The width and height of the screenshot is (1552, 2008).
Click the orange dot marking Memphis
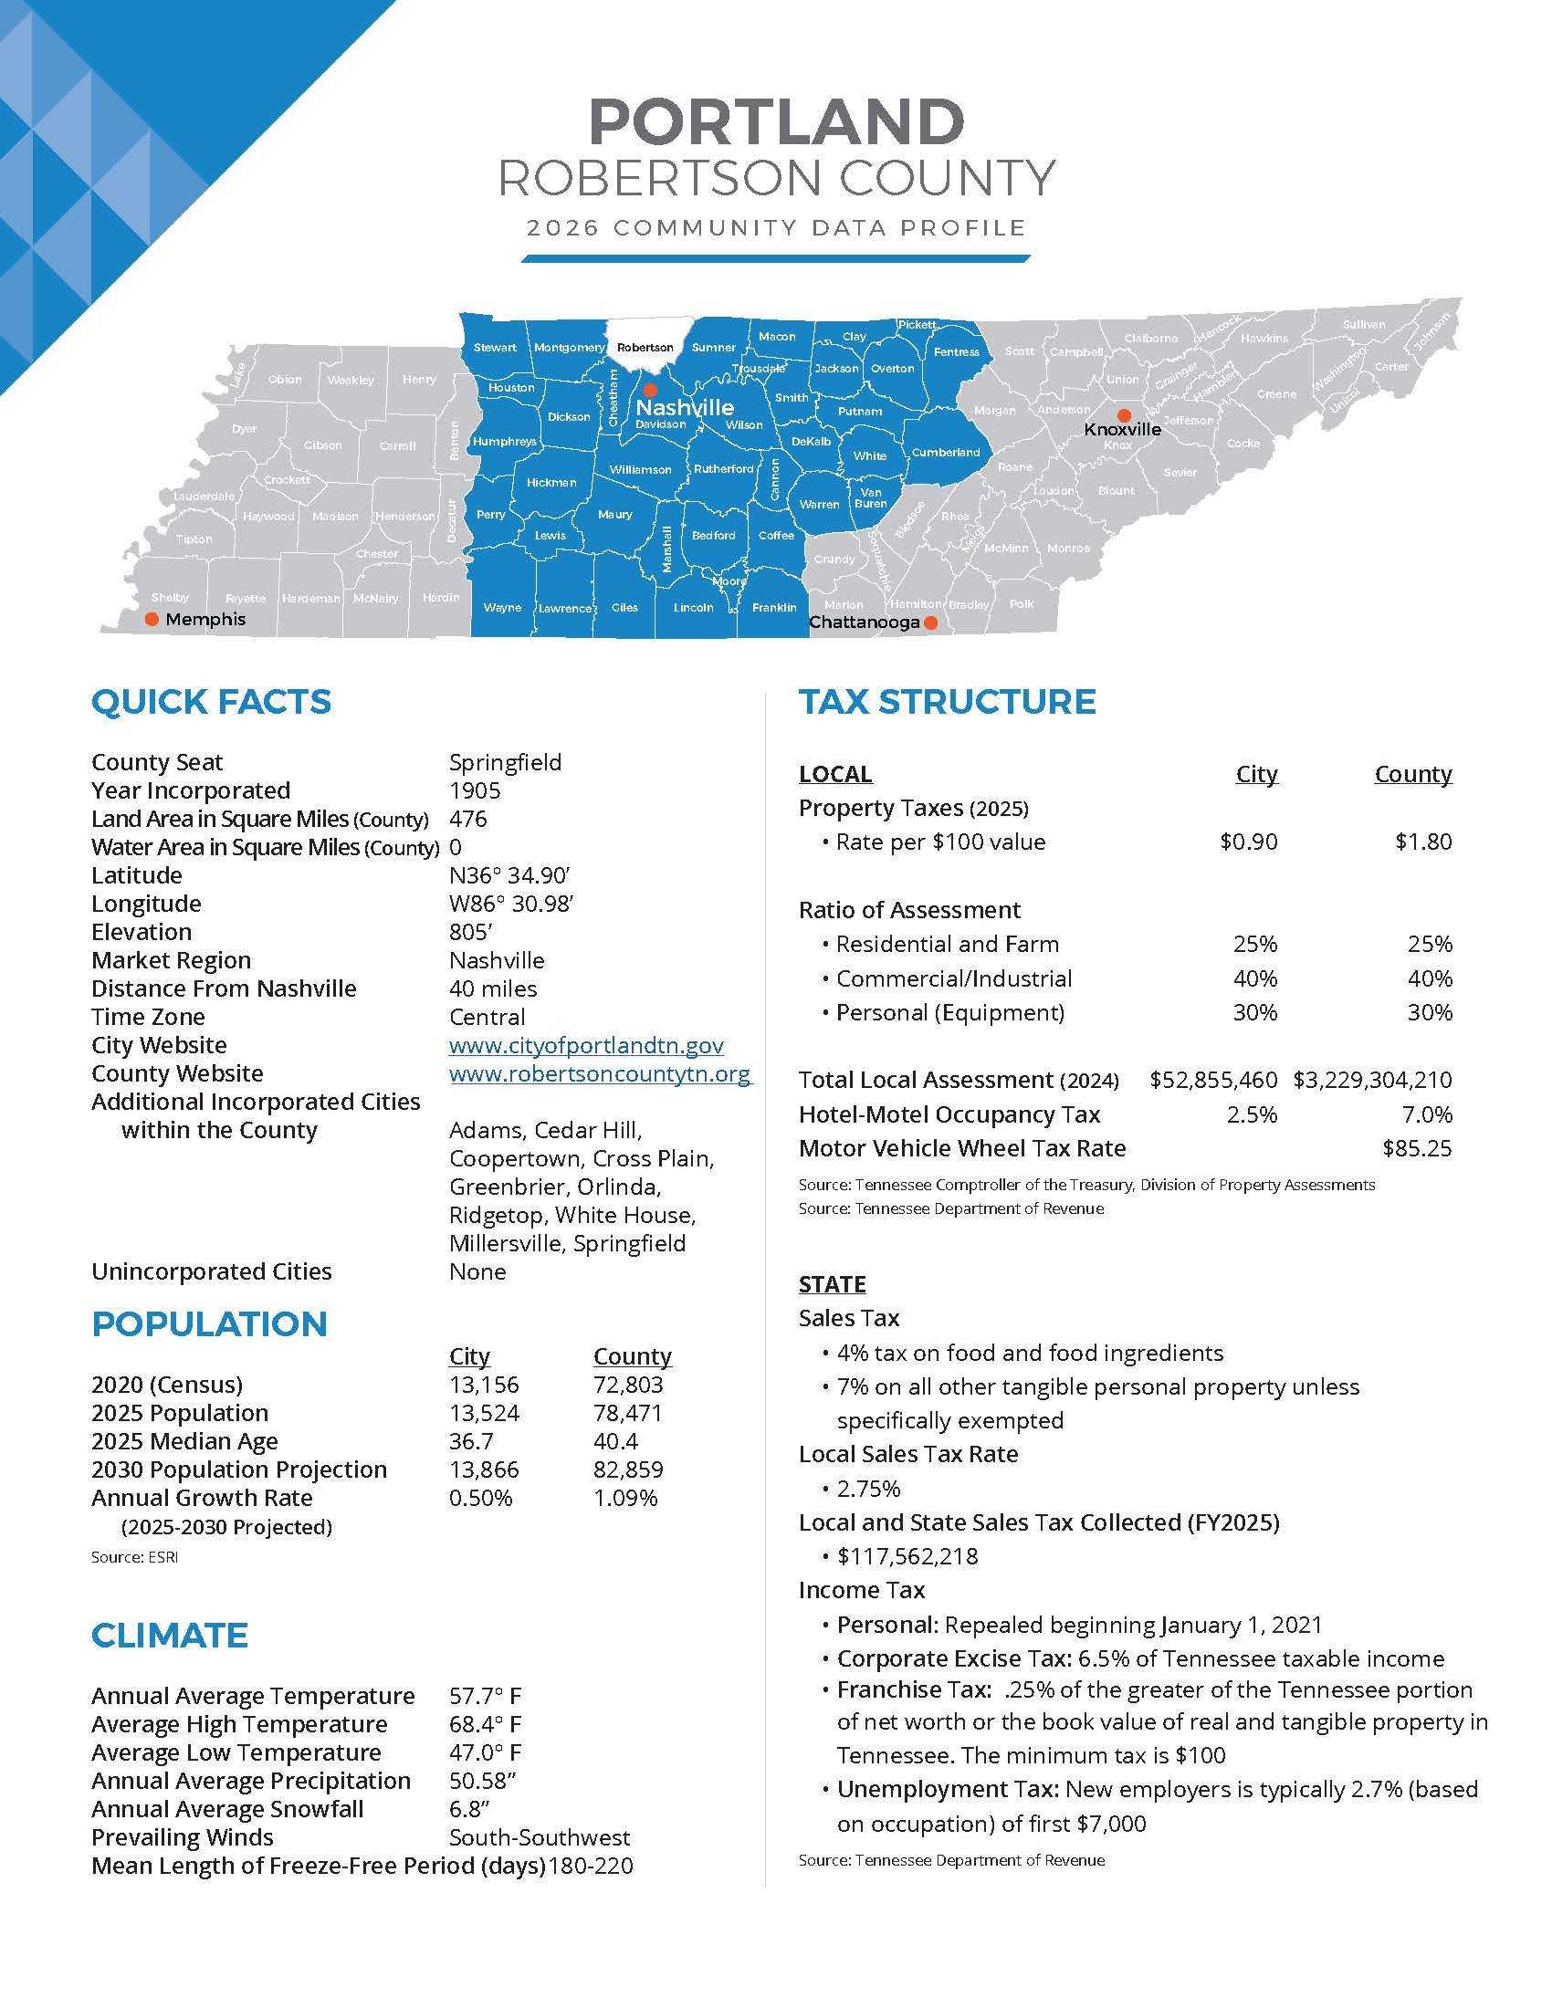(x=152, y=620)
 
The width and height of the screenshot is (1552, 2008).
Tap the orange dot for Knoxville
(x=1124, y=415)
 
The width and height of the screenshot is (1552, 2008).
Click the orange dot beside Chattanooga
(x=930, y=622)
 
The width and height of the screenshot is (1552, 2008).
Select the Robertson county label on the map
(x=645, y=348)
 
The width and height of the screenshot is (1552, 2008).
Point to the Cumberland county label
(x=945, y=453)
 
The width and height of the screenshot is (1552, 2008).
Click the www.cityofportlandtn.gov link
(x=586, y=1045)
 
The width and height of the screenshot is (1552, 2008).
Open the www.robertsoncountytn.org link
(x=600, y=1074)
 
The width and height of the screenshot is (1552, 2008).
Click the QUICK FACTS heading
(x=211, y=702)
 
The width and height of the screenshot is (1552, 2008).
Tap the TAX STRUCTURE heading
(x=947, y=702)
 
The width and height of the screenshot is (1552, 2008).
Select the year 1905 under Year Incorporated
(x=475, y=790)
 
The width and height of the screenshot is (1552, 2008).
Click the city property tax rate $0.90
(x=1248, y=842)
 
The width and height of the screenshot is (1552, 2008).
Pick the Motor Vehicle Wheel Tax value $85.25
(x=1416, y=1148)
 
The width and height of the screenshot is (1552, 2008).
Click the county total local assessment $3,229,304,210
(x=1372, y=1081)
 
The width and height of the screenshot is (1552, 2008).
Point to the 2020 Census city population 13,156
(x=484, y=1385)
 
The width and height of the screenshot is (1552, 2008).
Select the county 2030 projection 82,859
(x=628, y=1469)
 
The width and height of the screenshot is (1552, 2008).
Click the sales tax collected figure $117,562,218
(x=907, y=1556)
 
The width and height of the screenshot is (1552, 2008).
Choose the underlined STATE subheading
(x=832, y=1284)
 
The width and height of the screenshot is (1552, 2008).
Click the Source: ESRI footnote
(x=134, y=1557)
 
